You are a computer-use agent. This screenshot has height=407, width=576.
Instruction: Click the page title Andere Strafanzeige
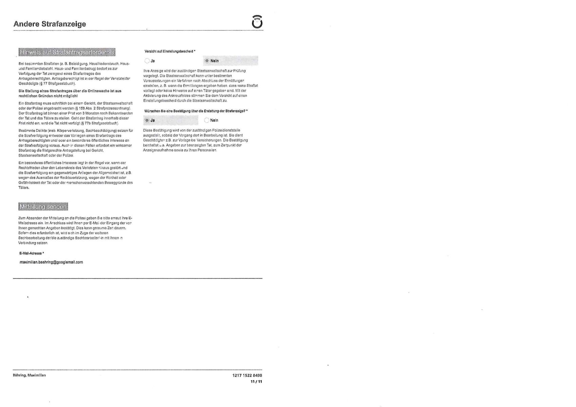pyautogui.click(x=50, y=24)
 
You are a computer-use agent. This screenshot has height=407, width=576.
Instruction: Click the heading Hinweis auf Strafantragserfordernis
pyautogui.click(x=67, y=52)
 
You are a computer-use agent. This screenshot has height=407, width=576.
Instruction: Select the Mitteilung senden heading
pyautogui.click(x=43, y=207)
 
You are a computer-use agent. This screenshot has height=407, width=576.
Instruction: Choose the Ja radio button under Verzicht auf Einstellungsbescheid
pyautogui.click(x=147, y=61)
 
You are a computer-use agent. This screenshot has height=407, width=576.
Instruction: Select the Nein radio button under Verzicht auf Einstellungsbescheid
pyautogui.click(x=207, y=61)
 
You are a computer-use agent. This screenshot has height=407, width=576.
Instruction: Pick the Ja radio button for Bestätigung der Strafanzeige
pyautogui.click(x=147, y=121)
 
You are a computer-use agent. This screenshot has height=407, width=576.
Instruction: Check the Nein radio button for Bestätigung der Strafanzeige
pyautogui.click(x=207, y=121)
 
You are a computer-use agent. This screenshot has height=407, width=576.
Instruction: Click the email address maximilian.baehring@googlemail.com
pyautogui.click(x=52, y=262)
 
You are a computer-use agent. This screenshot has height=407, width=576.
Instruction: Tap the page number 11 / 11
pyautogui.click(x=256, y=382)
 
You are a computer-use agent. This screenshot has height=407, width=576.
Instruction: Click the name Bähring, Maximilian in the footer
pyautogui.click(x=30, y=375)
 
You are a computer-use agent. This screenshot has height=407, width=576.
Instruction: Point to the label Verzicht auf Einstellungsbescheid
pyautogui.click(x=169, y=51)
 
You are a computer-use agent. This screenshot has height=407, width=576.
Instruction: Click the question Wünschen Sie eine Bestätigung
pyautogui.click(x=196, y=111)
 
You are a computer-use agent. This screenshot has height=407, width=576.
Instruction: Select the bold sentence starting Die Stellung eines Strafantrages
pyautogui.click(x=70, y=93)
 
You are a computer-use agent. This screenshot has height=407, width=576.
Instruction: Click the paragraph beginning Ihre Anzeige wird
pyautogui.click(x=200, y=86)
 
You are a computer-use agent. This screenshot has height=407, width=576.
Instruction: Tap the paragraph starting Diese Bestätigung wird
pyautogui.click(x=196, y=140)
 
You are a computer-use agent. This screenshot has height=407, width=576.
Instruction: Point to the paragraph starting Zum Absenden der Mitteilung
pyautogui.click(x=75, y=230)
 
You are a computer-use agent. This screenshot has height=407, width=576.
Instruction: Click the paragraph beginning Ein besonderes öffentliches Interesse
pyautogui.click(x=75, y=175)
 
